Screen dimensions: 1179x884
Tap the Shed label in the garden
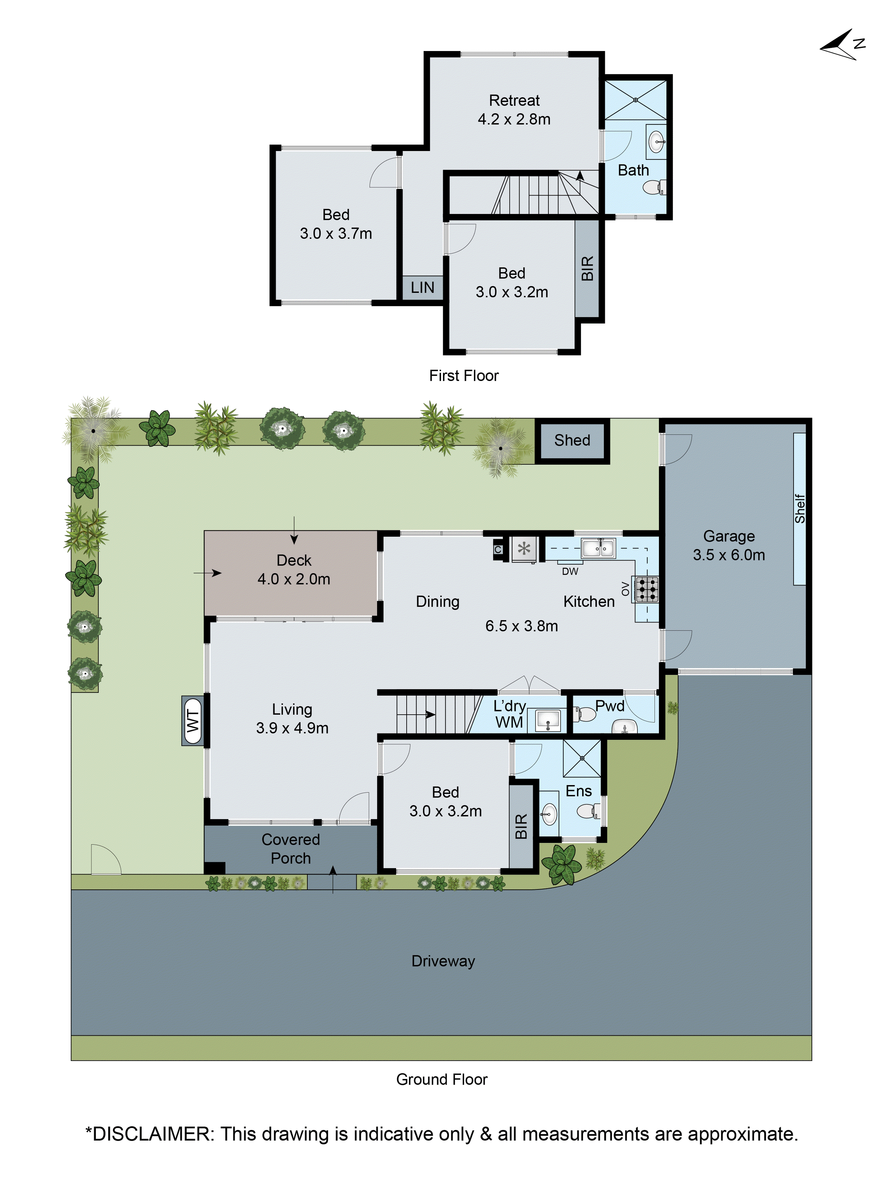tap(572, 440)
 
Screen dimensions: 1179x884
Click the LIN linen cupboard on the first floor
tap(422, 288)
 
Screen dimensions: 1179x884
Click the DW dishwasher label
tap(570, 571)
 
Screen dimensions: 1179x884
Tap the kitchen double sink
tap(598, 548)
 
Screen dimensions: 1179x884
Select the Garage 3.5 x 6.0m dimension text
tap(728, 555)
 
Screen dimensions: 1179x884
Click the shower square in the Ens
tap(582, 758)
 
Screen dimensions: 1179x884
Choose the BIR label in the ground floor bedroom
tap(521, 826)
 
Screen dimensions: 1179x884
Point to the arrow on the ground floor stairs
tap(430, 715)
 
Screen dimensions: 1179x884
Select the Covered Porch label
tap(291, 849)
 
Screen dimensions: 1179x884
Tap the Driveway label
tap(443, 961)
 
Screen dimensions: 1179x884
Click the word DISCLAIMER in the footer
tap(151, 1134)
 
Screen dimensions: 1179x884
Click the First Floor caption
tap(464, 376)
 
